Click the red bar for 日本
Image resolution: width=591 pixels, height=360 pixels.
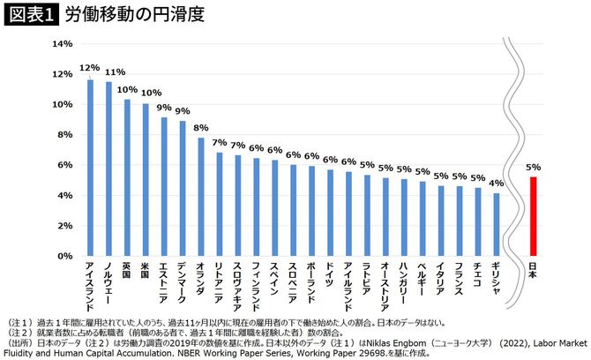[x=533, y=216]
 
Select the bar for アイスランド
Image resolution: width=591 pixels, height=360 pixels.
[x=90, y=168]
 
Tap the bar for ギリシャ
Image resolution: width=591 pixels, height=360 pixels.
[x=497, y=224]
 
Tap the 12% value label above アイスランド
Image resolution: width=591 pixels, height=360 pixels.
[x=89, y=67]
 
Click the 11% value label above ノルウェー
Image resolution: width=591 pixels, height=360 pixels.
[x=108, y=72]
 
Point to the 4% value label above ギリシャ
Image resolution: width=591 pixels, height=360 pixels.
[x=497, y=183]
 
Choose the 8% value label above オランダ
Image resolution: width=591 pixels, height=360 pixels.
[x=201, y=127]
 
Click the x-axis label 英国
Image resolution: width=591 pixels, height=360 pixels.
[x=127, y=270]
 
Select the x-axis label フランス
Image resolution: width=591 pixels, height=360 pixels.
[x=460, y=280]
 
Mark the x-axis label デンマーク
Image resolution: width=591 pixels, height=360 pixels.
[x=183, y=281]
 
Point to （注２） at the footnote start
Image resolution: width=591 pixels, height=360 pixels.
[x=19, y=332]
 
